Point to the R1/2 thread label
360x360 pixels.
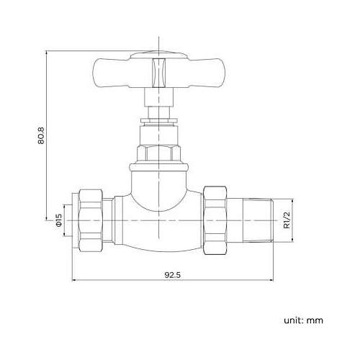pos(286,217)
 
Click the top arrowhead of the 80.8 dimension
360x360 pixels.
pos(48,54)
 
